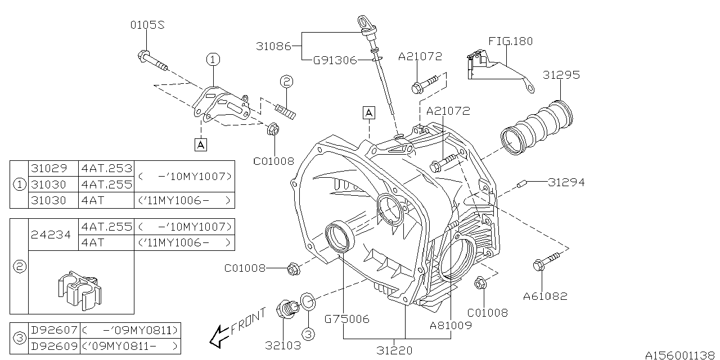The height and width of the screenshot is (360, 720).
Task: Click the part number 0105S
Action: click(x=147, y=25)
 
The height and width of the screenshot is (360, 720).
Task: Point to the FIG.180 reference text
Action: click(x=510, y=41)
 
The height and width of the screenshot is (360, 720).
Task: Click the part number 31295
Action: click(x=561, y=75)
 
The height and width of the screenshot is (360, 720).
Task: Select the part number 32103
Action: click(x=283, y=345)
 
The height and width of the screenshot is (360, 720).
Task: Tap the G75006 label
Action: click(x=346, y=319)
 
